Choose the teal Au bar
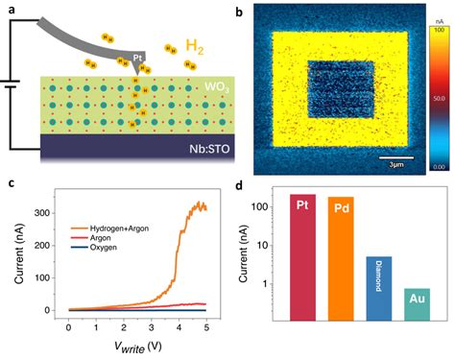417,301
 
